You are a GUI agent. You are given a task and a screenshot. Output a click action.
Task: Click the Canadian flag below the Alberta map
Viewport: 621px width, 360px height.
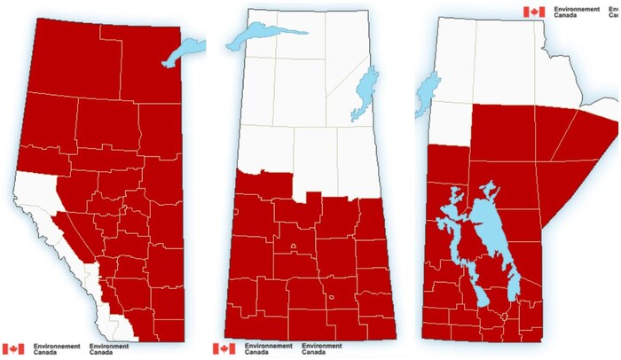13,348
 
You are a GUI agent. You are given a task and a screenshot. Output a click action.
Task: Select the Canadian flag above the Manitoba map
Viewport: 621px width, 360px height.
533,12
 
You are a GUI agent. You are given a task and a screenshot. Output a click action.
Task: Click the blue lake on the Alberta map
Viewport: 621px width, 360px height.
184,52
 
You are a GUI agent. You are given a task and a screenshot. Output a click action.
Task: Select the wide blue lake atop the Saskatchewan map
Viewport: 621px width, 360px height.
256,36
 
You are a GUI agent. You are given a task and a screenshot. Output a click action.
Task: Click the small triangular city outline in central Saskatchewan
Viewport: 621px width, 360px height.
293,246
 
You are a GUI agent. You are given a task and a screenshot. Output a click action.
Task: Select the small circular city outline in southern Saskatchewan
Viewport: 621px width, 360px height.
331,298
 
